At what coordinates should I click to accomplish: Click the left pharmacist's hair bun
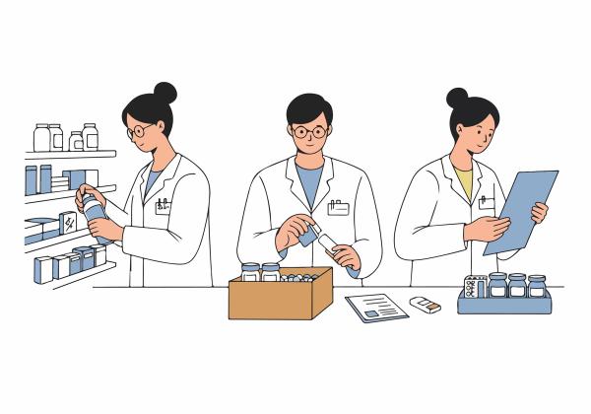[x=165, y=93]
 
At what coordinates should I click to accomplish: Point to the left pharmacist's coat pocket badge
[x=164, y=206]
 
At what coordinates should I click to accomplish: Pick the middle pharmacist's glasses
[x=307, y=131]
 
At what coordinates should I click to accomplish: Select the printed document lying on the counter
[x=376, y=308]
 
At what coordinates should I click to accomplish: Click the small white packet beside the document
[x=425, y=304]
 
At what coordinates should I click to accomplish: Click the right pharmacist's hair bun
[x=457, y=98]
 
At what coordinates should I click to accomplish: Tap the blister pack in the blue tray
[x=475, y=286]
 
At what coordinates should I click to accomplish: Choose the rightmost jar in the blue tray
[x=537, y=286]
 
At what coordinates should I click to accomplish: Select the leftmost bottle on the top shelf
[x=42, y=137]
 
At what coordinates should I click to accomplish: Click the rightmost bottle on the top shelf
[x=91, y=136]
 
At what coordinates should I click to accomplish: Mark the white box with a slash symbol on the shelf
[x=69, y=223]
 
